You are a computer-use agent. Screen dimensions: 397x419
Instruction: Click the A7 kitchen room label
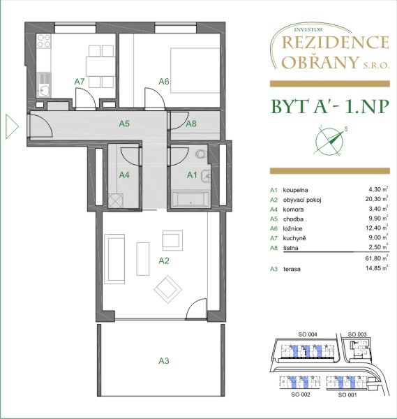80,82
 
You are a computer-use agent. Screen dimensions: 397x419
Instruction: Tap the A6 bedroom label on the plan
164,81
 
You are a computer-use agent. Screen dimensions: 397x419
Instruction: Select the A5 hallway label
124,124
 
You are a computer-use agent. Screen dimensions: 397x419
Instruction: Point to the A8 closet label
191,124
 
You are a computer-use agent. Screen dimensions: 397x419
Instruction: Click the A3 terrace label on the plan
164,361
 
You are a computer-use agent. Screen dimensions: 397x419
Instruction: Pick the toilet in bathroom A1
201,154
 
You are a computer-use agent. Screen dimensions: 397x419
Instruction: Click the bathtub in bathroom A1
190,199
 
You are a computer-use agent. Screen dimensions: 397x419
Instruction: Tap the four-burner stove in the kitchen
44,41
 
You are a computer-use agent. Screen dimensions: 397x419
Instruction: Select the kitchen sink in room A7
44,84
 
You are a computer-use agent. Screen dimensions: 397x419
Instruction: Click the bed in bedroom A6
195,71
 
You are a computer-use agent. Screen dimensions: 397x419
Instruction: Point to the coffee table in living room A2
143,258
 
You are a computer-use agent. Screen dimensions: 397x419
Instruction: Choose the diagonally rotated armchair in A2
168,289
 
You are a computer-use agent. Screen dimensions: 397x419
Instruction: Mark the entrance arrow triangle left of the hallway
12,126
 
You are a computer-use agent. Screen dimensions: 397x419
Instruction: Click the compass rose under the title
329,140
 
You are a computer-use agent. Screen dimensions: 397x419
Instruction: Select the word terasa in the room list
292,269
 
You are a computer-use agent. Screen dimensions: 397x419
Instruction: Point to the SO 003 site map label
357,335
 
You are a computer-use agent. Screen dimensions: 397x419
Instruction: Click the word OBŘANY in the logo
320,62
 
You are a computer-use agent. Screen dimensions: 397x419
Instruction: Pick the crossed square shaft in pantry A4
116,200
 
